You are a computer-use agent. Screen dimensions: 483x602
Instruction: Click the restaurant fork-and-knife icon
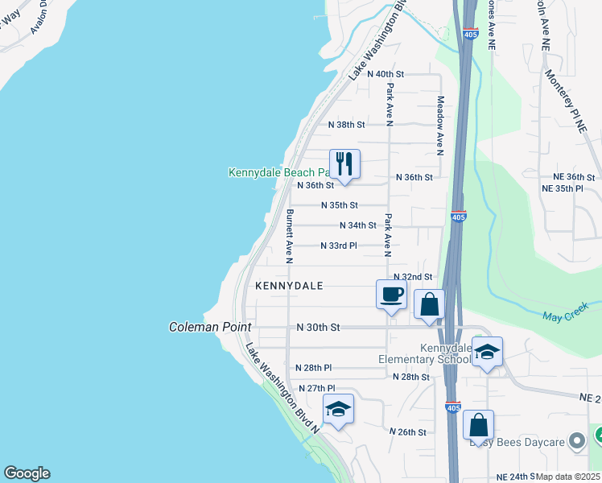344,164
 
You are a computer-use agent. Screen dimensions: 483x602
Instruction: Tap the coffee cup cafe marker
392,294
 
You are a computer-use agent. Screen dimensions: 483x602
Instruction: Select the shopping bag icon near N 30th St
429,305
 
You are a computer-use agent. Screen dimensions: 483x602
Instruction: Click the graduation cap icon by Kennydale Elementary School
487,352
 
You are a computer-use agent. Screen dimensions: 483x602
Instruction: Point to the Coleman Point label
210,328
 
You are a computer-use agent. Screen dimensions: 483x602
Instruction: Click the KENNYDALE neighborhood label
289,286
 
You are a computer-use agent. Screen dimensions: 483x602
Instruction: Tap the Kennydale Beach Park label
278,172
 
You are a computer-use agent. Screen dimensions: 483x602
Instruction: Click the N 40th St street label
385,73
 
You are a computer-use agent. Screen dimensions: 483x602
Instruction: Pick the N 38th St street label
347,125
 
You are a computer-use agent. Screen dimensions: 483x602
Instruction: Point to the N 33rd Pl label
338,246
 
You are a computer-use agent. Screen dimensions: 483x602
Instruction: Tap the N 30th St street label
319,328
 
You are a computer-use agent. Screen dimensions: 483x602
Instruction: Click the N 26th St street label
407,432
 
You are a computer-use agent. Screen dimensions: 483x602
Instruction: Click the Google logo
27,473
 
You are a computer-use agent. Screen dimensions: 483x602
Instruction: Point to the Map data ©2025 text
568,477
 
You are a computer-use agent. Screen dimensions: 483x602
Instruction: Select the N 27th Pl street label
315,388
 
